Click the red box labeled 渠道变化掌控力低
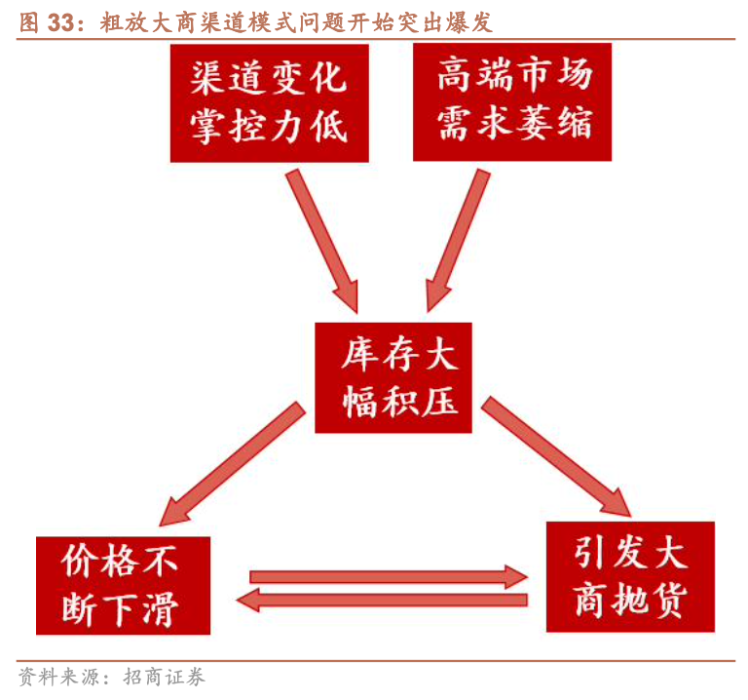click(x=269, y=102)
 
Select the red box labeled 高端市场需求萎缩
click(x=512, y=101)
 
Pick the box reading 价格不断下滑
click(x=122, y=584)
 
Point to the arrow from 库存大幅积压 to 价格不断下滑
click(x=230, y=466)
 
